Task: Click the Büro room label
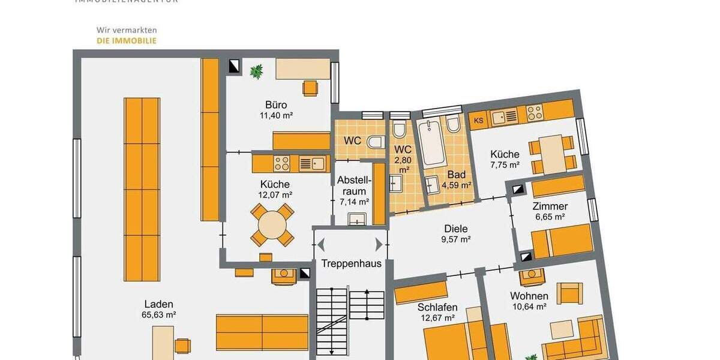pos(276,105)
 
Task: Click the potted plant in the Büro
pos(256,72)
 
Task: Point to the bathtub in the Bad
pos(431,144)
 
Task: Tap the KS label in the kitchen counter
pos(478,120)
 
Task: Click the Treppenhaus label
pos(351,263)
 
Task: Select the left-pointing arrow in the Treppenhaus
pos(321,244)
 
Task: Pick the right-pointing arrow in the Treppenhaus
pos(379,244)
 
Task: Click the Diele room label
pos(455,229)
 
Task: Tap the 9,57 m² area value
pos(455,239)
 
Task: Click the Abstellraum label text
pos(354,185)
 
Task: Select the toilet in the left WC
pos(376,143)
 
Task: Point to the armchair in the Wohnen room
pos(569,293)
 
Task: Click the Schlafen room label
pos(437,307)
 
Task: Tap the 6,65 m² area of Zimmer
pos(550,217)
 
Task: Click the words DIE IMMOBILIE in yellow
pos(127,41)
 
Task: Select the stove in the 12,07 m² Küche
pos(281,163)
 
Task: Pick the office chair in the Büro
pos(310,88)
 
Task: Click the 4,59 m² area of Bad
pos(456,185)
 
